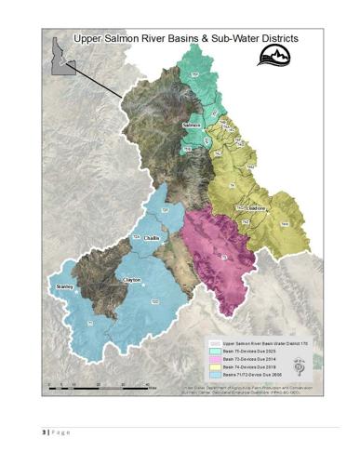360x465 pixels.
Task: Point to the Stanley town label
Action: coord(64,287)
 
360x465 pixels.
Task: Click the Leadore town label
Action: coord(256,209)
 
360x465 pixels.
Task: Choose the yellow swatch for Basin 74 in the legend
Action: coord(212,365)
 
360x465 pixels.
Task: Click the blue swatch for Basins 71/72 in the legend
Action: coord(212,373)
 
